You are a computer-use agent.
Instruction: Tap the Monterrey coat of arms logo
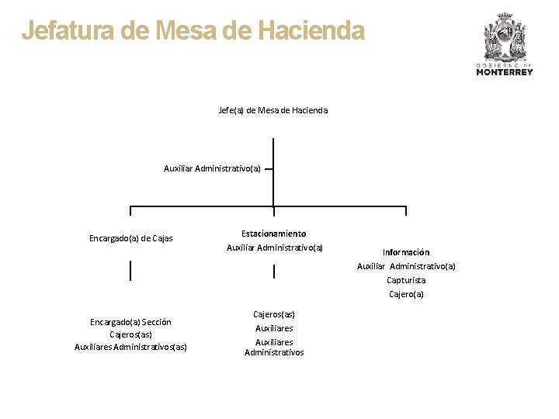point(505,36)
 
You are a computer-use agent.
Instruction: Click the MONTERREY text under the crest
point(505,72)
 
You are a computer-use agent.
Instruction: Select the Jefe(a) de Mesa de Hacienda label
point(273,110)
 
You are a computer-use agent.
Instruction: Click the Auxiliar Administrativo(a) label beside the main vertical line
point(212,168)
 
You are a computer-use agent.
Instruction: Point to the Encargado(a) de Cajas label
point(131,238)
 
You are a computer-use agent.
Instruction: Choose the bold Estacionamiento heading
point(273,234)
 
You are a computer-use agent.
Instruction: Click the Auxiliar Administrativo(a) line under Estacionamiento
point(274,248)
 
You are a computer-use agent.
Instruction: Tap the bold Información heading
point(405,252)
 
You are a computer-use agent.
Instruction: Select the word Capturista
point(406,280)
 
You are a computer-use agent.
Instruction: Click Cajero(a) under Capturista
point(406,294)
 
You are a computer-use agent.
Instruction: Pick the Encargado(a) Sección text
point(130,322)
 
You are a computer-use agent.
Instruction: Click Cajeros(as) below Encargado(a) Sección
point(130,334)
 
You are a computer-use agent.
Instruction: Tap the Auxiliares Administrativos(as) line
point(130,347)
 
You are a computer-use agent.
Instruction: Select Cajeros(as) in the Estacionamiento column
point(274,314)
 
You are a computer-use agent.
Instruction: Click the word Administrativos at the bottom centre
point(274,352)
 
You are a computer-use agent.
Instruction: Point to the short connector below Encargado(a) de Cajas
point(130,270)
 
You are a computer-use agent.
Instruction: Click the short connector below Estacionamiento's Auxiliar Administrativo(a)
point(274,271)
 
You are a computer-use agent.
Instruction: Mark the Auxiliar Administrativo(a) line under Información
point(406,266)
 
